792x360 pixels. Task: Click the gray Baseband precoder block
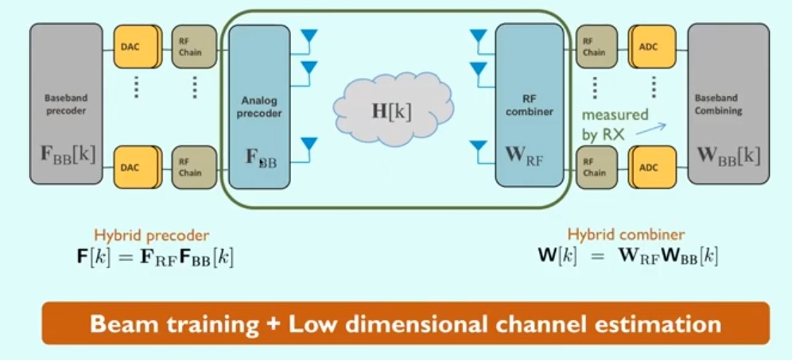point(66,103)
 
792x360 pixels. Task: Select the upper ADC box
point(652,46)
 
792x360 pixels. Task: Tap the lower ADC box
point(652,166)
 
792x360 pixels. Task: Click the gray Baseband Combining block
point(728,103)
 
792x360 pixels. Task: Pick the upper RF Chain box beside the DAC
point(194,46)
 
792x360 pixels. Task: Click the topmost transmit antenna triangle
point(308,37)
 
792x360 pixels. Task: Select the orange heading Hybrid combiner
point(626,234)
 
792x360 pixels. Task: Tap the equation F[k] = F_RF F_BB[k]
point(153,257)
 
